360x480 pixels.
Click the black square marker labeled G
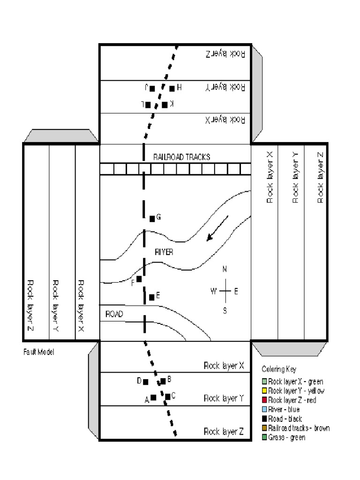pos(152,218)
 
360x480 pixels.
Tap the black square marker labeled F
pos(139,279)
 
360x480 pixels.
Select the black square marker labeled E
pos(151,297)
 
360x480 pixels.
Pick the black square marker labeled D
pos(146,382)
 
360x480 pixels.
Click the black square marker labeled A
pos(153,397)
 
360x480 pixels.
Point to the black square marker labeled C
pos(167,397)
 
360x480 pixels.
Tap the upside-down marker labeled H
pos(172,88)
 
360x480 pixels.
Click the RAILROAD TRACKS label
pos(181,157)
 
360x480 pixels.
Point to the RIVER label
pos(164,252)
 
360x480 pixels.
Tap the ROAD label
pos(114,314)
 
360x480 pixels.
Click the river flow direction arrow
pos(217,228)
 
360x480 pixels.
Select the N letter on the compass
pos(225,269)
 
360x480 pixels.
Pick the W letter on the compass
pos(214,291)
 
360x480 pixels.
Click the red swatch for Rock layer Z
pos(264,400)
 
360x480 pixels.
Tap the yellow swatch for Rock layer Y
pos(264,391)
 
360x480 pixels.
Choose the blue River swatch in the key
pos(264,410)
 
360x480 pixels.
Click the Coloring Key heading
pos(279,369)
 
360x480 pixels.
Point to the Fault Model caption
pos(38,352)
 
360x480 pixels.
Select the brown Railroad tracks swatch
pos(264,428)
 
